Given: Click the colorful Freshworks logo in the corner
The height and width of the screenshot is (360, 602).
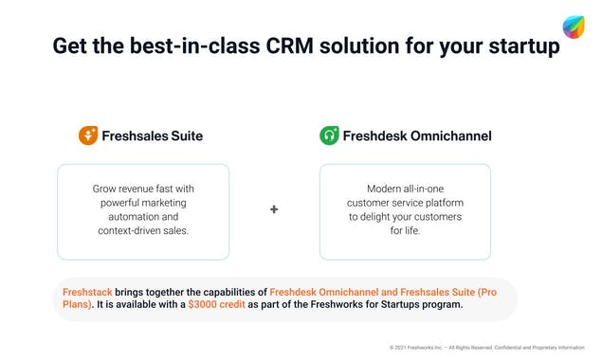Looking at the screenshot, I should pos(574,27).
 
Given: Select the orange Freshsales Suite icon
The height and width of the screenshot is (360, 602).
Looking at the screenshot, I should pos(87,135).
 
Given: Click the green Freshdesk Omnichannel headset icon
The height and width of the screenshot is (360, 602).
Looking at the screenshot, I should pos(329,135).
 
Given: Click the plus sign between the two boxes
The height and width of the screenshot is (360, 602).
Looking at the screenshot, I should pos(274,209).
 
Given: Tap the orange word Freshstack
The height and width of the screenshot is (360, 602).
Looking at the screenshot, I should pos(91,292).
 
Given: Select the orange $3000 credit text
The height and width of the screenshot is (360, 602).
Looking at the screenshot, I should pos(216,305).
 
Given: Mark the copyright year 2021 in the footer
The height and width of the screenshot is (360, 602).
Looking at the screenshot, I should pos(405,348).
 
